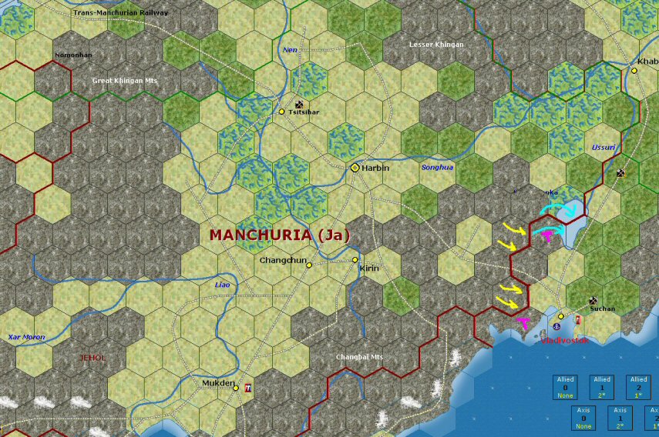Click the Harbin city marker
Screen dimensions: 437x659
pos(355,167)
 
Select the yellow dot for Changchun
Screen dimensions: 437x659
pos(309,265)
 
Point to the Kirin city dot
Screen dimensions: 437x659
pos(355,260)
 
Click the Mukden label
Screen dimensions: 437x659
pos(217,382)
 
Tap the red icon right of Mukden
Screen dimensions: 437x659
pos(247,388)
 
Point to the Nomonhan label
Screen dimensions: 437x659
pos(73,55)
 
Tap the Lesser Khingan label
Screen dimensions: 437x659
pos(436,45)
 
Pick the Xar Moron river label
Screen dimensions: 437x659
pos(26,337)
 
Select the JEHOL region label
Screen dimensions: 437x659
pos(92,358)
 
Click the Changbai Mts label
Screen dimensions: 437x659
pos(359,357)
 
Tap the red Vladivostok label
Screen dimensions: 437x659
pos(564,339)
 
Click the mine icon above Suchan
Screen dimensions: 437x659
pos(593,301)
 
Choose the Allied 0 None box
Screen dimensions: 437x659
pos(568,389)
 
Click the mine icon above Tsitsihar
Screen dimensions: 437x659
pos(298,104)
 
